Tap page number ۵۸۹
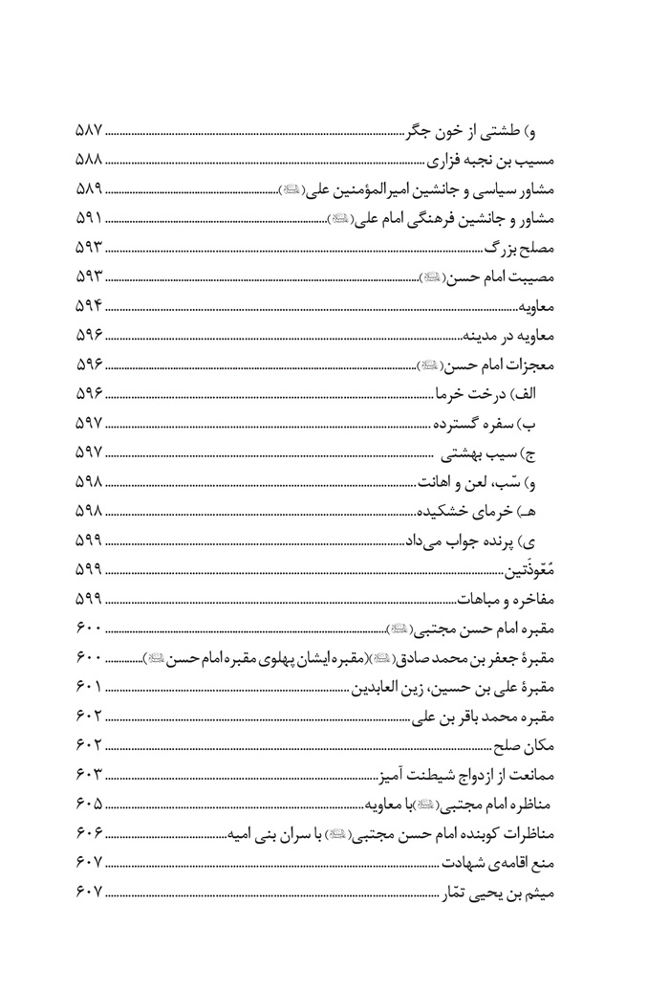click(88, 188)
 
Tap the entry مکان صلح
click(542, 745)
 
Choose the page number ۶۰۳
click(88, 773)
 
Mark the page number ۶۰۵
click(88, 803)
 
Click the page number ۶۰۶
click(88, 832)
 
